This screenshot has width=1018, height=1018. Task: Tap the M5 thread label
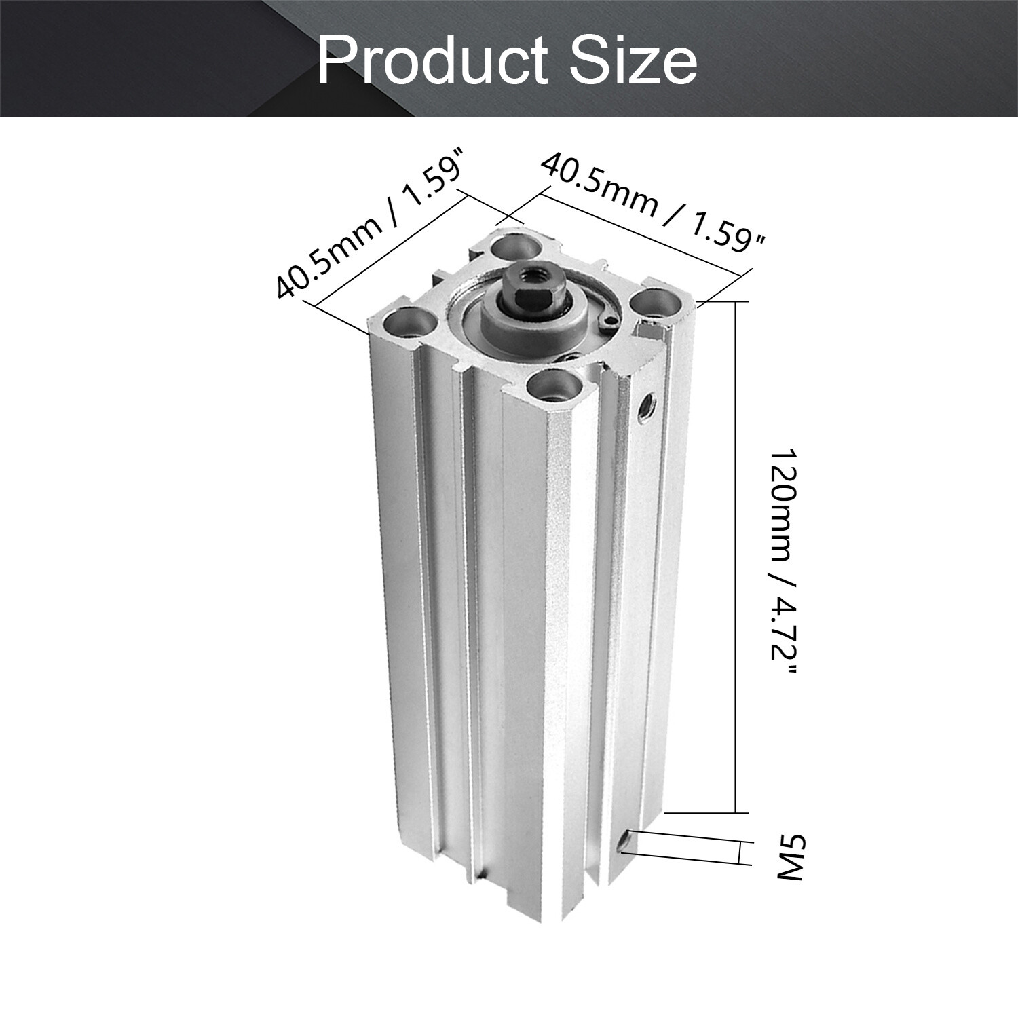click(x=789, y=858)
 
